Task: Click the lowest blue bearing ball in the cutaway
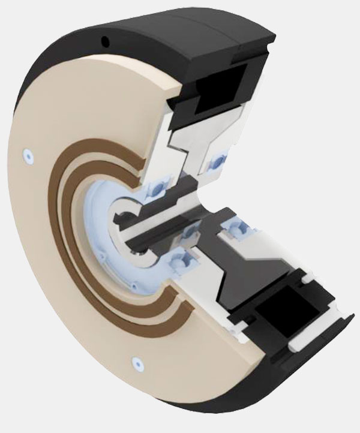pos(179,261)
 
